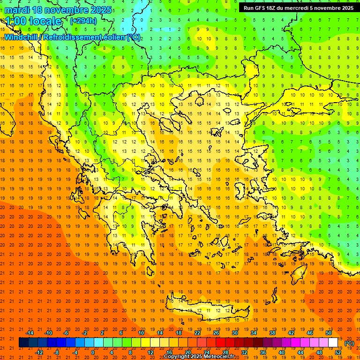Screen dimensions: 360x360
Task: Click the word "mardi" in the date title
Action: [x=18, y=10]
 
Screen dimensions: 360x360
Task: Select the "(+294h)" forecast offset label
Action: [x=83, y=21]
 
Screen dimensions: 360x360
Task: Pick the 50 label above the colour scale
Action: [x=328, y=333]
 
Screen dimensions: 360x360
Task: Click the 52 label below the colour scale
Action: [x=338, y=352]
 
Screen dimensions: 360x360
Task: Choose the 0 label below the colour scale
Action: [x=93, y=352]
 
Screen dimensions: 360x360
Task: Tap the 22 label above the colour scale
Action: [x=197, y=333]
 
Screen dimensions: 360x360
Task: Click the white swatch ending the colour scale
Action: [x=333, y=343]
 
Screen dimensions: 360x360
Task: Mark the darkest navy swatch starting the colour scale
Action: [x=23, y=343]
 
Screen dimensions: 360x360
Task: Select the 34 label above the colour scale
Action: [x=254, y=333]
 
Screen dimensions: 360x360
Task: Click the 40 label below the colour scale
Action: [x=282, y=352]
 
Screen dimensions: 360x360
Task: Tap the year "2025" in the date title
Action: [x=101, y=10]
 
